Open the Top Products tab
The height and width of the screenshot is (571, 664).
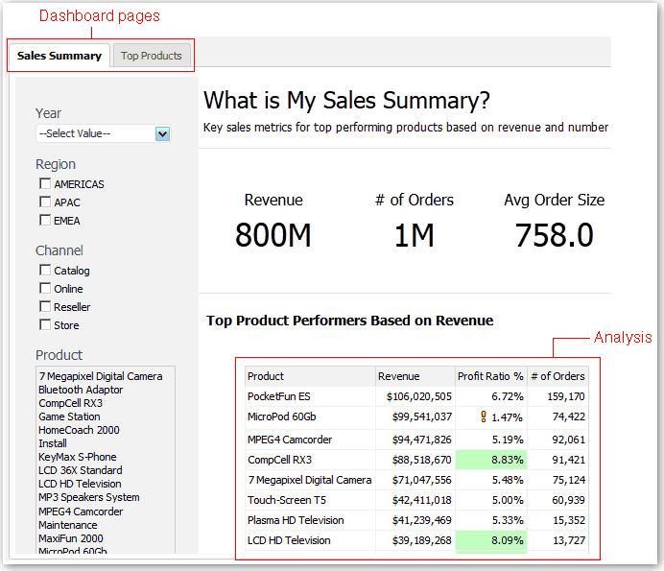151,56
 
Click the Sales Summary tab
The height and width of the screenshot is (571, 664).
59,56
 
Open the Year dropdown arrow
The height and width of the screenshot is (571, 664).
162,134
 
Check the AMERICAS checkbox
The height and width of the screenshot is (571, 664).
44,184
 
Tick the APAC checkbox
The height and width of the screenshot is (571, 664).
44,202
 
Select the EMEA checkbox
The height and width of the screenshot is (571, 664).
44,221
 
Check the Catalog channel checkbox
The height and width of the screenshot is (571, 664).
44,271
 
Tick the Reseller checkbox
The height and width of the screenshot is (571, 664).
44,307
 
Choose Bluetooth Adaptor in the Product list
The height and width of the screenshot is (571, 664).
81,390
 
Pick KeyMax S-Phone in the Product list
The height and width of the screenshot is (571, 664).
78,457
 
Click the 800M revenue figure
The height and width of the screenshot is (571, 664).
273,235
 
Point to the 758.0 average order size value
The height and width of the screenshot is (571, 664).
554,235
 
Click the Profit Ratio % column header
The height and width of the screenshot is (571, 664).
490,376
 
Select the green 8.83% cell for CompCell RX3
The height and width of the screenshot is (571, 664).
489,460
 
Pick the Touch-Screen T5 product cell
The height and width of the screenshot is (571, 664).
287,500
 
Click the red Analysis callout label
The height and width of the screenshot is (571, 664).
623,338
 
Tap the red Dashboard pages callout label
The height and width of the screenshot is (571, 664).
99,16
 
